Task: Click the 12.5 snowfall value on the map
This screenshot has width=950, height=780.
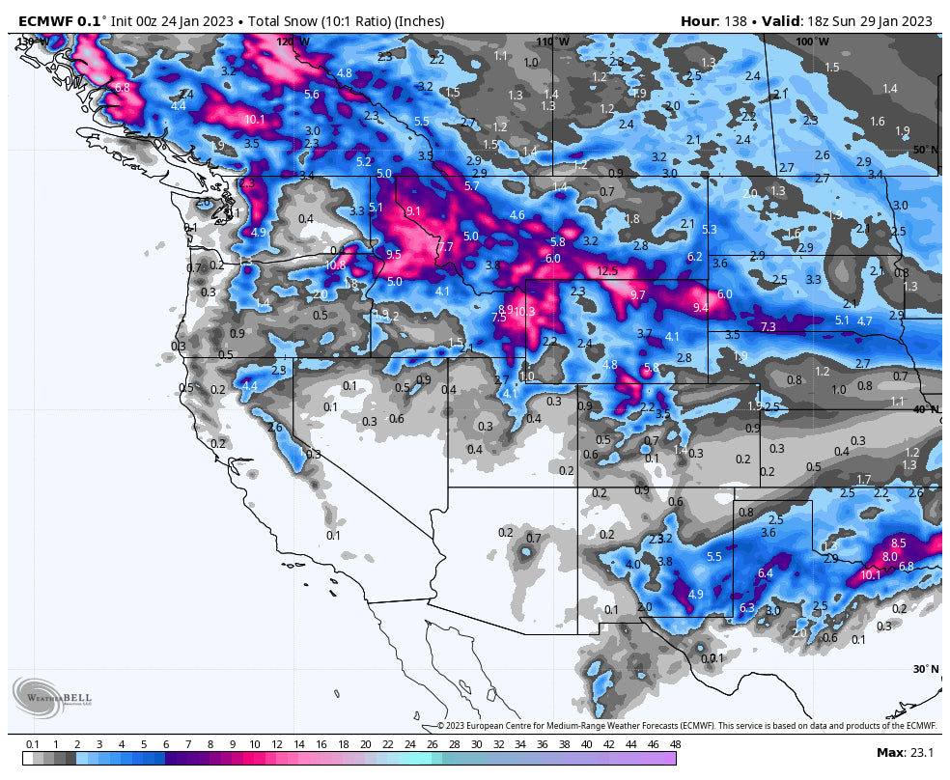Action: [x=607, y=271]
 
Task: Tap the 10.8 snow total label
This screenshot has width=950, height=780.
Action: [x=335, y=265]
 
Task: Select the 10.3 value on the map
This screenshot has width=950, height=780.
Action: [x=524, y=312]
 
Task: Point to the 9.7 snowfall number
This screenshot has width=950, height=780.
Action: [x=637, y=295]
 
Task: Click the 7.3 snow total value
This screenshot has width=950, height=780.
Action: [x=768, y=327]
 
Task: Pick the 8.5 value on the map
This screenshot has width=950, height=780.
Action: [x=898, y=543]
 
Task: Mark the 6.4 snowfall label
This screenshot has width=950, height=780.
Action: [x=766, y=573]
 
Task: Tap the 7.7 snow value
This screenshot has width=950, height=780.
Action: [x=445, y=248]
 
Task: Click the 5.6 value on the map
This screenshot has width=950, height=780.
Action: [x=311, y=95]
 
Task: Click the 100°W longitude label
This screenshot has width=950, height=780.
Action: [x=811, y=42]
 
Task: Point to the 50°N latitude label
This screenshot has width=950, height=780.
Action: [x=925, y=151]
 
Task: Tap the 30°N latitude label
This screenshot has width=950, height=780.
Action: [x=925, y=669]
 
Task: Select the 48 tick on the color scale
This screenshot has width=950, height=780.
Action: [x=675, y=744]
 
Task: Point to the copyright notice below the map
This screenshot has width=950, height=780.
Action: [x=686, y=726]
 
